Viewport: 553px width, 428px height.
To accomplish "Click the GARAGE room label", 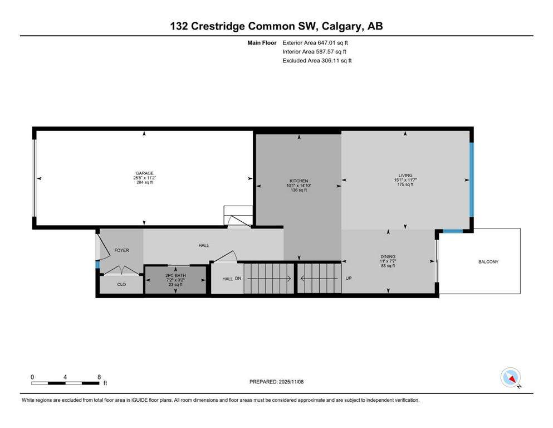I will click(144, 173).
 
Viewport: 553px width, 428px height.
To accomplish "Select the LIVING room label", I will click(405, 175).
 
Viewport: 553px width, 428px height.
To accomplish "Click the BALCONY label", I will click(488, 261).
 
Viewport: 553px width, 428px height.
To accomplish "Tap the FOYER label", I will click(121, 250).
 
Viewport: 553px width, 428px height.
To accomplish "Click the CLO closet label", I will click(121, 284).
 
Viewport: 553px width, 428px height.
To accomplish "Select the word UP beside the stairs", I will click(349, 278).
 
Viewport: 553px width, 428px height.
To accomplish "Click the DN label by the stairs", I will click(238, 279).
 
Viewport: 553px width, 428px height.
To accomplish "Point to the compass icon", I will click(511, 377).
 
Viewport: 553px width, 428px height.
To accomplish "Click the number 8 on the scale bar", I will click(99, 377).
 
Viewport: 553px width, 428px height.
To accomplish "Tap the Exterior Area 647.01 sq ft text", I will click(316, 42).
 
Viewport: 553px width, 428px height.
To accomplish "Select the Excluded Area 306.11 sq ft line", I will click(317, 60).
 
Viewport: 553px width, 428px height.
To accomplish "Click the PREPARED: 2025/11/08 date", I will click(277, 382).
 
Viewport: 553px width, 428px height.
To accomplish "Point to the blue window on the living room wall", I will click(471, 179).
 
